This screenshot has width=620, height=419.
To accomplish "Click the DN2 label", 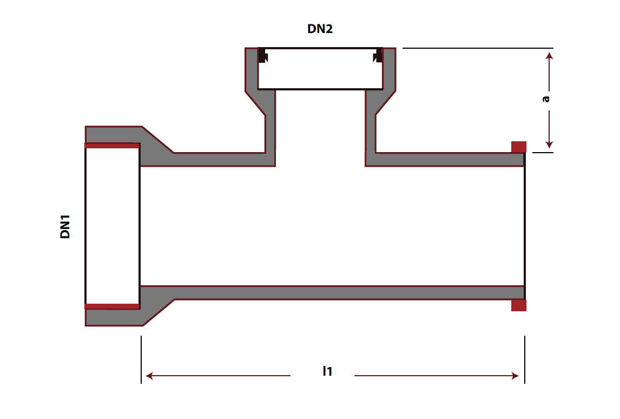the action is pyautogui.click(x=320, y=29).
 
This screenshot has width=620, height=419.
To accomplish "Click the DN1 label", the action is pyautogui.click(x=65, y=227).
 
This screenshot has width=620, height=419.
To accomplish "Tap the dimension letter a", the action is pyautogui.click(x=546, y=99).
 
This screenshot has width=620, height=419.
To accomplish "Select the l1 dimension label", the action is pyautogui.click(x=327, y=371).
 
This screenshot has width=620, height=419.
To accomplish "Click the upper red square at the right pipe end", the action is pyautogui.click(x=519, y=147).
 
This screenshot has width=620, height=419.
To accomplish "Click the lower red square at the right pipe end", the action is pyautogui.click(x=519, y=305).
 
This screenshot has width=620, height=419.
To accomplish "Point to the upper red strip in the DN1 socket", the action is pyautogui.click(x=112, y=146).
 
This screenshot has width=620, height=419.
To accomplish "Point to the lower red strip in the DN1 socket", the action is pyautogui.click(x=112, y=306).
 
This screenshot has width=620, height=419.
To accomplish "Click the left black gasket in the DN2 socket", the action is pyautogui.click(x=262, y=55).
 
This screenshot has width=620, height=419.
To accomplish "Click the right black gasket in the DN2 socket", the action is pyautogui.click(x=378, y=55).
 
